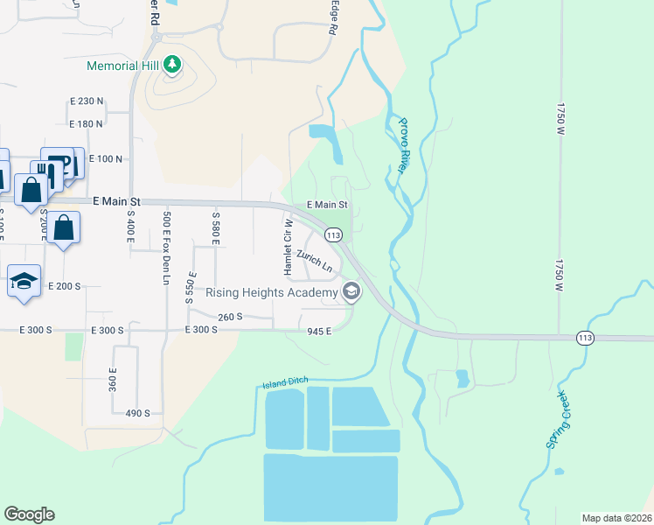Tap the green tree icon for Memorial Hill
[173, 65]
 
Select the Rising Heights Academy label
[271, 292]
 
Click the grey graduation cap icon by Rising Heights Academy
[351, 291]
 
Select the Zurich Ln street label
[315, 261]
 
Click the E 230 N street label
[86, 101]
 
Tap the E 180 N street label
[86, 124]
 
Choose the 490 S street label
[138, 413]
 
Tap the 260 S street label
[230, 317]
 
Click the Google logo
[29, 514]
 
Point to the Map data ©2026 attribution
[616, 518]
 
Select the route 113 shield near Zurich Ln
[332, 234]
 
